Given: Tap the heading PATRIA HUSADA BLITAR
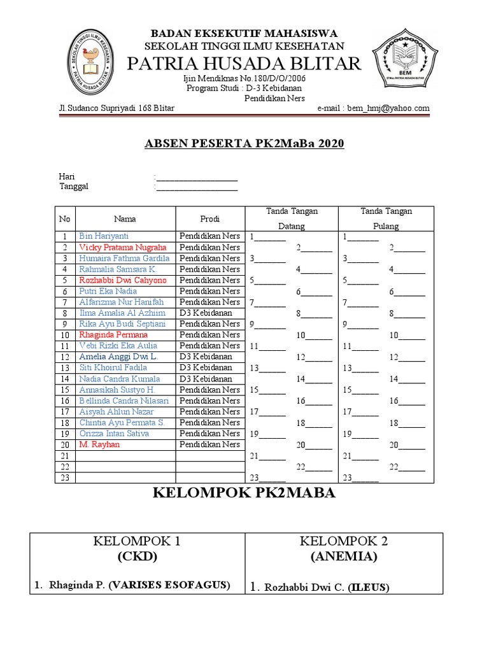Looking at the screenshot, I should [x=244, y=64].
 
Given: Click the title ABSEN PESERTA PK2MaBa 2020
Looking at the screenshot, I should [x=244, y=143].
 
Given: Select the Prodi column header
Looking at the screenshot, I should [x=209, y=219].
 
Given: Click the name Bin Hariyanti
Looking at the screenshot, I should [x=103, y=236].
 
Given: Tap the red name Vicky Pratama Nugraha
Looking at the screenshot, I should [x=123, y=247].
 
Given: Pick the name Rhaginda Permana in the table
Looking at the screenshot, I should [x=113, y=334].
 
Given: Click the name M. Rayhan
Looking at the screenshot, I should [x=99, y=444].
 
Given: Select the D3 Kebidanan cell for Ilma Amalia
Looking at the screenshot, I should [x=206, y=313].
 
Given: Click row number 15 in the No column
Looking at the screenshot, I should [x=64, y=390].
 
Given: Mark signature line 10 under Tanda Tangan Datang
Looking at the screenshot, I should [x=315, y=336].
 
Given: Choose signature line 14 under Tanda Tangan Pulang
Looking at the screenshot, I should [x=407, y=379].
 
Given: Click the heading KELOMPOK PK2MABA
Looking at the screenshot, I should [x=244, y=493].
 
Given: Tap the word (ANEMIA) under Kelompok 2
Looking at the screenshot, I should [x=344, y=557].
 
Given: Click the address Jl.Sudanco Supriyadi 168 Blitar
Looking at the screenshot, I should [x=117, y=108].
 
